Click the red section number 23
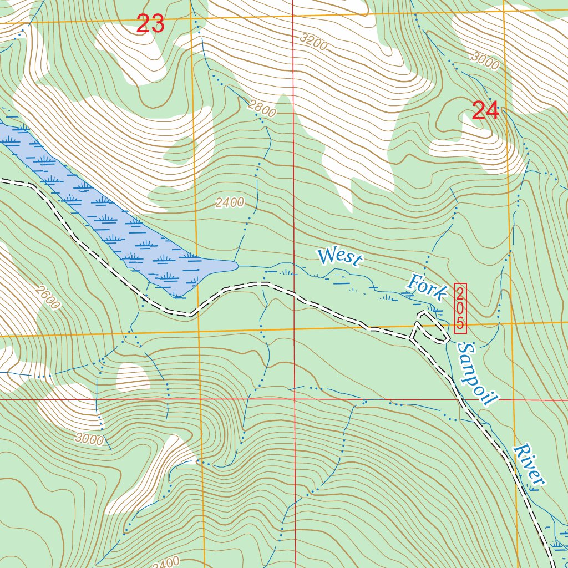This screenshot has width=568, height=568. (150, 24)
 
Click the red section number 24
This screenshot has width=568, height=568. (485, 111)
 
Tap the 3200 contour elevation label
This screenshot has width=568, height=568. (313, 42)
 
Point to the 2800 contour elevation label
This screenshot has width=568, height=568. (262, 110)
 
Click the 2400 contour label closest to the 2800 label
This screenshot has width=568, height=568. (230, 202)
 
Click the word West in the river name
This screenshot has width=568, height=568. (341, 257)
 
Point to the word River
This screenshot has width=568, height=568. (528, 465)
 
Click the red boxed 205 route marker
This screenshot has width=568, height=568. (460, 308)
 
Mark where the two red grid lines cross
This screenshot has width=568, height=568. (293, 399)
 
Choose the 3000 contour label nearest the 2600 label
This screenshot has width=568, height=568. (90, 440)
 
